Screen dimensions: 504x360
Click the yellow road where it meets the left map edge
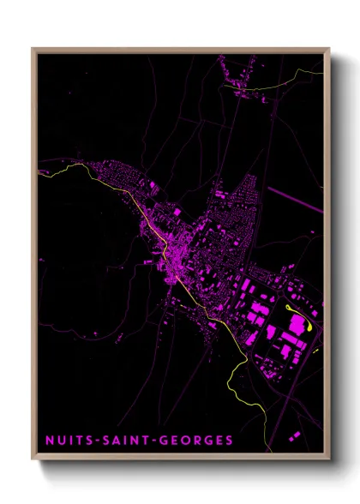(x=40, y=172)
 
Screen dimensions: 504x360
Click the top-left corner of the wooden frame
(x=33, y=49)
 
